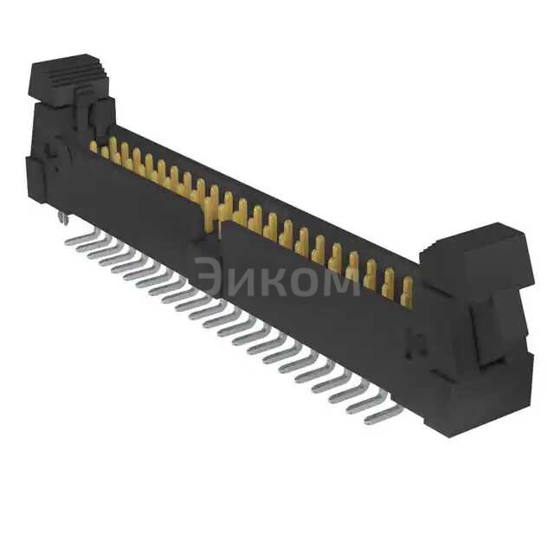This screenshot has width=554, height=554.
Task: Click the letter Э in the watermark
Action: (x=208, y=277)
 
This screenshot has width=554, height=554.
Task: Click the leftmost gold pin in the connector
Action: (x=93, y=146)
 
